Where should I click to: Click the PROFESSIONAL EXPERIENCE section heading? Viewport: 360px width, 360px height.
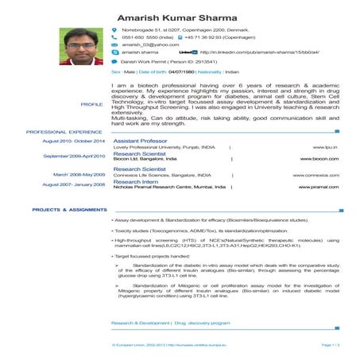click(64, 132)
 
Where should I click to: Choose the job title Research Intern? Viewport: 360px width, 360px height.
click(136, 180)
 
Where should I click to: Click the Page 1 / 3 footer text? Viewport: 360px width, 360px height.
click(331, 346)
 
